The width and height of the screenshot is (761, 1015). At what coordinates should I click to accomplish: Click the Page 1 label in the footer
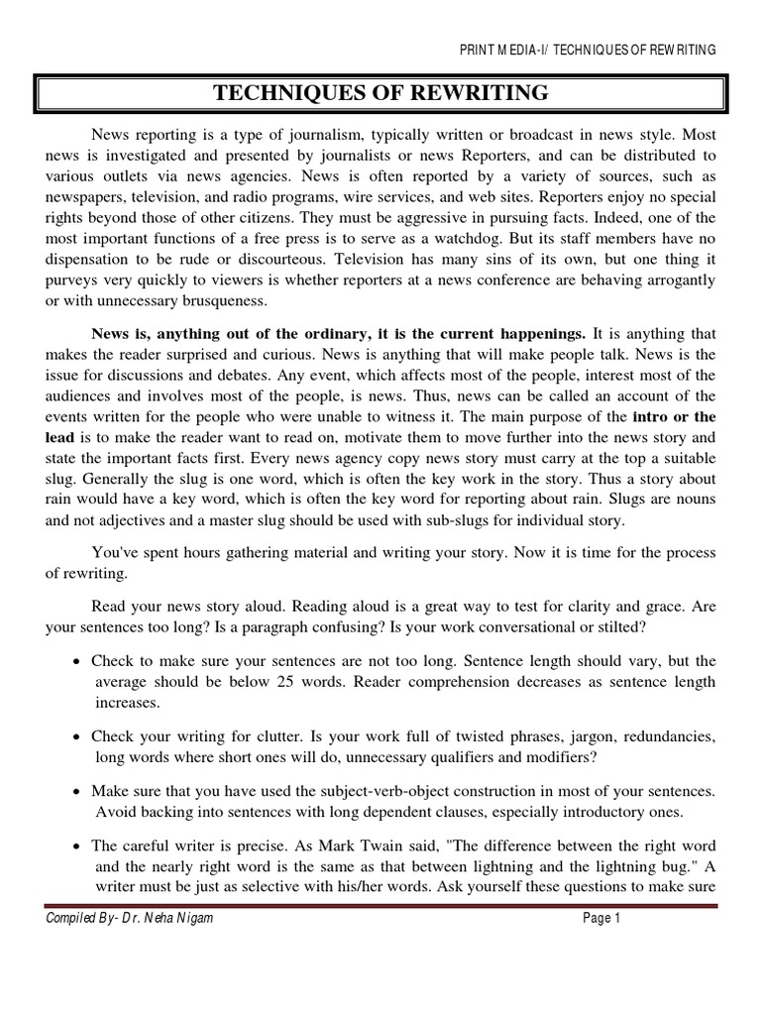tap(600, 919)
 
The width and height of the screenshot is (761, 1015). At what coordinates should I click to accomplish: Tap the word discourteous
tap(280, 260)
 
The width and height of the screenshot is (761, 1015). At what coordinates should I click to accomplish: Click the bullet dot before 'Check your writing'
tap(77, 737)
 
